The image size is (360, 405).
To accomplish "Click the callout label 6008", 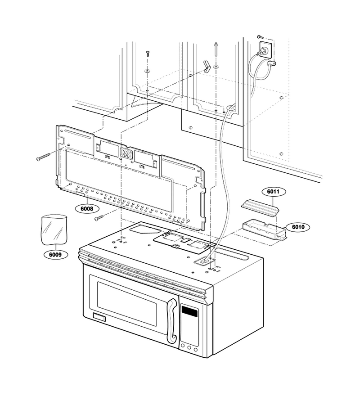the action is pyautogui.click(x=87, y=208).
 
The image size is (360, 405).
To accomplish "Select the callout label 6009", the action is pyautogui.click(x=55, y=255).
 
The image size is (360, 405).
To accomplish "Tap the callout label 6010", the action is pyautogui.click(x=298, y=227).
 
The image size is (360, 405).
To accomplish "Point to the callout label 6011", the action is pyautogui.click(x=273, y=192).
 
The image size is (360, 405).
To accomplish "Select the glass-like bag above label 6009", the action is pyautogui.click(x=54, y=229).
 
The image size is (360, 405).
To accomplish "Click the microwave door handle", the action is pyautogui.click(x=172, y=321).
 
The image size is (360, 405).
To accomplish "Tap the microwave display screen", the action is pyautogui.click(x=189, y=311).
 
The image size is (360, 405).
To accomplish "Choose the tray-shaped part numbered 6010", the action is pyautogui.click(x=265, y=229).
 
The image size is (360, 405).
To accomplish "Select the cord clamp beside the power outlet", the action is pyautogui.click(x=271, y=63).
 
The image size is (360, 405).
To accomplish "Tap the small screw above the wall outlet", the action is pyautogui.click(x=259, y=37).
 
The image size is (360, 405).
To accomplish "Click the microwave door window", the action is pyautogui.click(x=126, y=303).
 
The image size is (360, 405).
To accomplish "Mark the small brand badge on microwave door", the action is pyautogui.click(x=99, y=317).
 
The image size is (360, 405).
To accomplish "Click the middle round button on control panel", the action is pyautogui.click(x=189, y=348).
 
